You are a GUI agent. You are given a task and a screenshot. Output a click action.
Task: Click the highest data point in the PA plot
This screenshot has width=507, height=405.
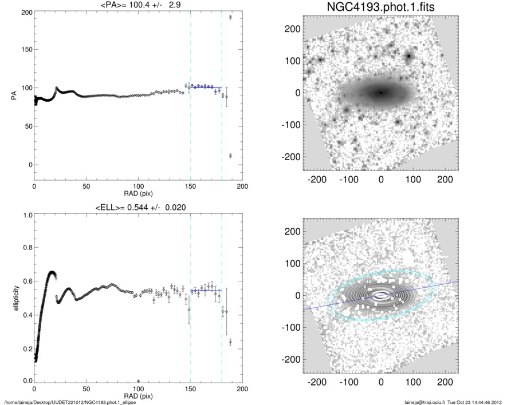(230, 17)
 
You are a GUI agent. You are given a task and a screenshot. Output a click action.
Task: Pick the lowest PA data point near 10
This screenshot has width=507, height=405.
(230, 156)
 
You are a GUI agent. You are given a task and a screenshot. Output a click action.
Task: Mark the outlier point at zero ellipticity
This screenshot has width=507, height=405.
(138, 380)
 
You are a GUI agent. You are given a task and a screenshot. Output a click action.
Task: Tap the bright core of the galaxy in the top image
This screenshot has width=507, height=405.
(380, 93)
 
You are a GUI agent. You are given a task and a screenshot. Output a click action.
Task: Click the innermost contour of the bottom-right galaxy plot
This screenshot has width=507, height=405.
(380, 296)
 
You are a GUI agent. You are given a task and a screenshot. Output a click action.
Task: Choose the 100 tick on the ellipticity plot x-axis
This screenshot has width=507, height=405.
(138, 388)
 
